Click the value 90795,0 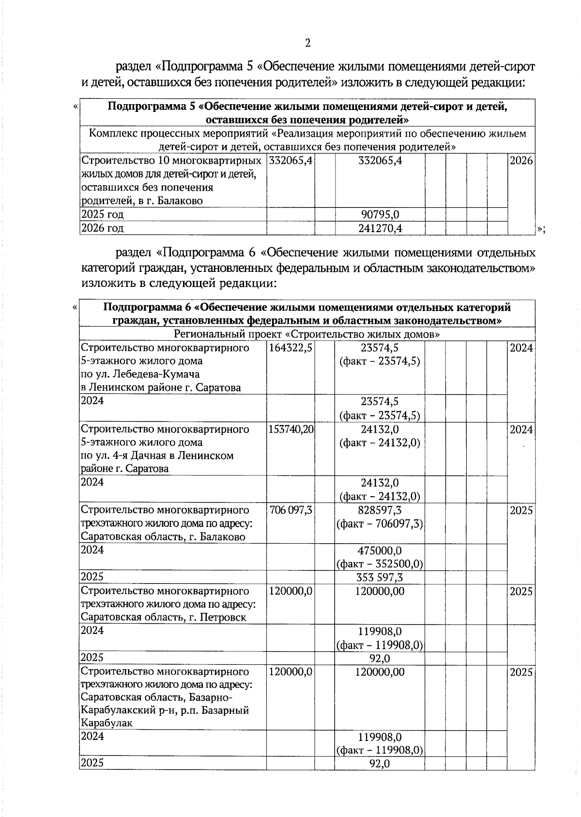380,214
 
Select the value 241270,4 380,228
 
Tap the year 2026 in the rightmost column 521,161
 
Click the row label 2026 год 102,228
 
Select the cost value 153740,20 290,430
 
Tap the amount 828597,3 380,510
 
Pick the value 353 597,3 380,578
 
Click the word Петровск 225,618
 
